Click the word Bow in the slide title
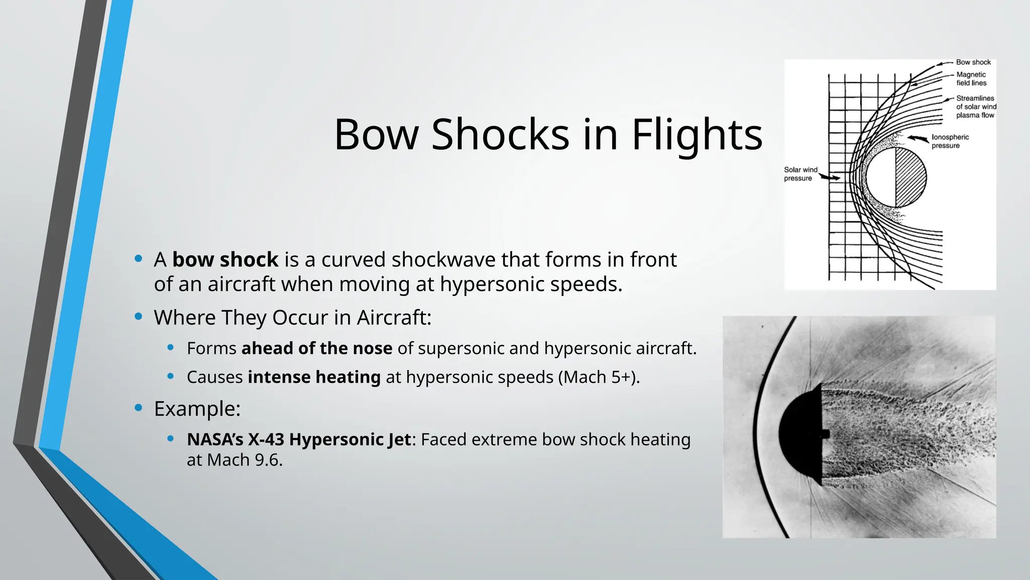pos(376,135)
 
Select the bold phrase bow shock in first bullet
pos(225,260)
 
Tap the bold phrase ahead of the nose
pos(317,348)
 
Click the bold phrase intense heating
pos(314,377)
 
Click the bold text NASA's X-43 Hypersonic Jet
pos(299,440)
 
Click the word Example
pos(196,409)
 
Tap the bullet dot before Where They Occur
pos(139,317)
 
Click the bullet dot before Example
pos(139,408)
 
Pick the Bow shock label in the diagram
pos(973,62)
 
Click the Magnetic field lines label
pos(971,79)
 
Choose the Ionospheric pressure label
pos(950,141)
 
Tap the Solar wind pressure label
pos(800,174)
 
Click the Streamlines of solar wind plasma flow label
pos(976,107)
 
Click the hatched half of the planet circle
pos(910,177)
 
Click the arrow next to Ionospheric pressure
pos(918,138)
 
